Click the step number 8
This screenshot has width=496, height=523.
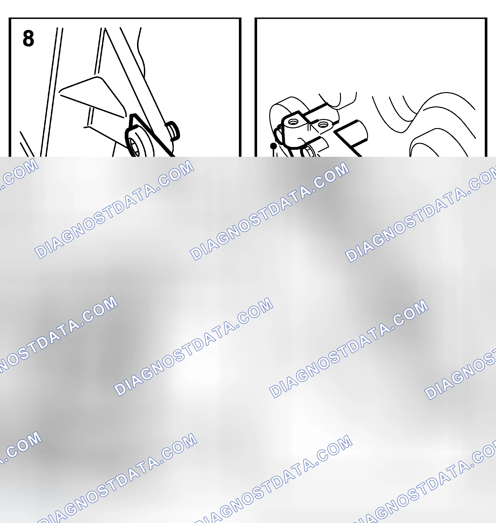coord(28,38)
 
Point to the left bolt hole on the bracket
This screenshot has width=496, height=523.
coord(293,122)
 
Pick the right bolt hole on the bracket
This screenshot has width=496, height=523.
coord(323,124)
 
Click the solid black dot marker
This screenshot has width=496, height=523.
coord(273,146)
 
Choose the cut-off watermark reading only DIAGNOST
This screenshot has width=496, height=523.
coord(460,376)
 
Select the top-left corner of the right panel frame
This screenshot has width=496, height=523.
coord(255,18)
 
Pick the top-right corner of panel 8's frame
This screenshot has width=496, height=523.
coord(240,18)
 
